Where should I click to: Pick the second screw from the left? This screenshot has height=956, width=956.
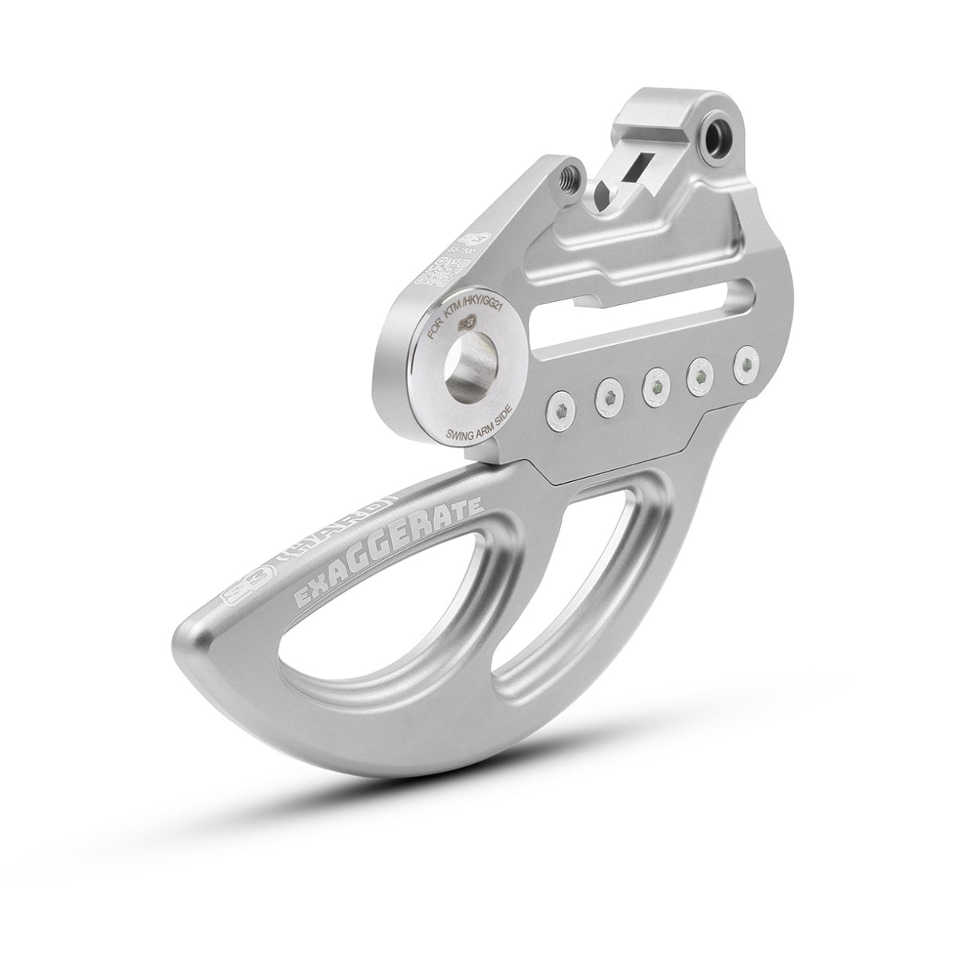(607, 398)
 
